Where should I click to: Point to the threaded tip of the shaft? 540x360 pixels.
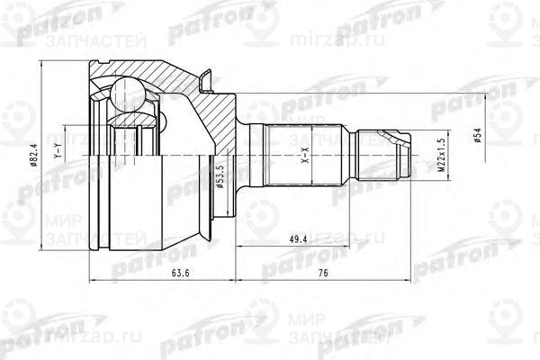click(x=387, y=155)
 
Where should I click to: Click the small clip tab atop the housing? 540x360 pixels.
click(x=206, y=84)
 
